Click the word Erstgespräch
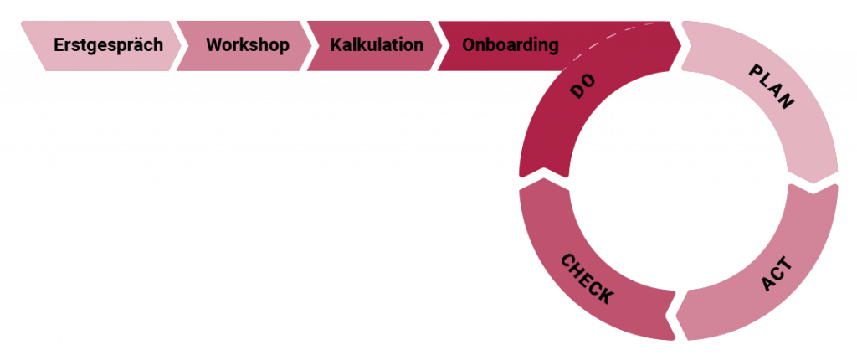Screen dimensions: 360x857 pyautogui.click(x=108, y=45)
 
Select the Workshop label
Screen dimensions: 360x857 pyautogui.click(x=248, y=45)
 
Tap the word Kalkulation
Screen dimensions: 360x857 pyautogui.click(x=377, y=45)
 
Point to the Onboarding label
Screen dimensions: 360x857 pyautogui.click(x=511, y=45)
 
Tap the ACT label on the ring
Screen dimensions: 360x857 pyautogui.click(x=777, y=275)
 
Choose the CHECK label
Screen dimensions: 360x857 pyautogui.click(x=587, y=278)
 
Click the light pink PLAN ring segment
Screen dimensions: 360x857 pyautogui.click(x=803, y=126)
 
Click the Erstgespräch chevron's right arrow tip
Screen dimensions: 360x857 pyautogui.click(x=178, y=45)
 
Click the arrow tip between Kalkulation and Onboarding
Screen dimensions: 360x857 pyautogui.click(x=444, y=45)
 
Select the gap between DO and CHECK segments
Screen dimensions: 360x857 pyautogui.click(x=544, y=179)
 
